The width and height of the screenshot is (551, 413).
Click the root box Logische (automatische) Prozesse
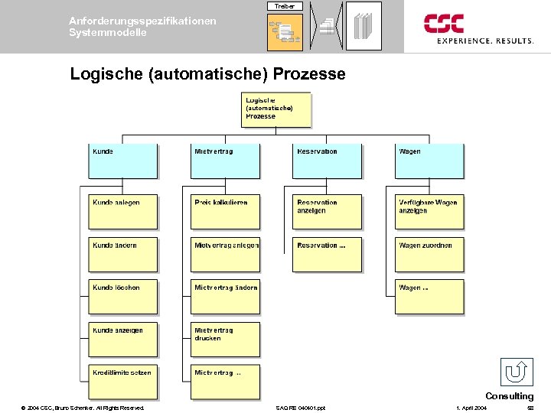(276, 109)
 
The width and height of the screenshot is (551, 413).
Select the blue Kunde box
(122, 161)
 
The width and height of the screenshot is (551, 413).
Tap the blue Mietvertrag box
(225, 161)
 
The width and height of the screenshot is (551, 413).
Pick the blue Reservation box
(327, 161)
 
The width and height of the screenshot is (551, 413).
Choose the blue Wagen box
(429, 161)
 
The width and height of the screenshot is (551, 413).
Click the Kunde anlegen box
(122, 212)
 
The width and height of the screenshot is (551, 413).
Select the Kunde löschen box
(122, 297)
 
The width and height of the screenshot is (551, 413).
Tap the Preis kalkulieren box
(225, 212)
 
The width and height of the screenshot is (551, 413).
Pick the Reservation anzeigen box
(327, 212)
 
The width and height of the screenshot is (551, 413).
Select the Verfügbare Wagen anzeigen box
(429, 212)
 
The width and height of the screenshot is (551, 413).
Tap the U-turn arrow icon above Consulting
(517, 372)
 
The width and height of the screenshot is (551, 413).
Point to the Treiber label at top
(285, 6)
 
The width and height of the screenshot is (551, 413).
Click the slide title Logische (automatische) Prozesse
(207, 74)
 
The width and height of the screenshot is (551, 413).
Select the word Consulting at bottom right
(509, 396)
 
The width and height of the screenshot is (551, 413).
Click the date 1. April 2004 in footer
(470, 408)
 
